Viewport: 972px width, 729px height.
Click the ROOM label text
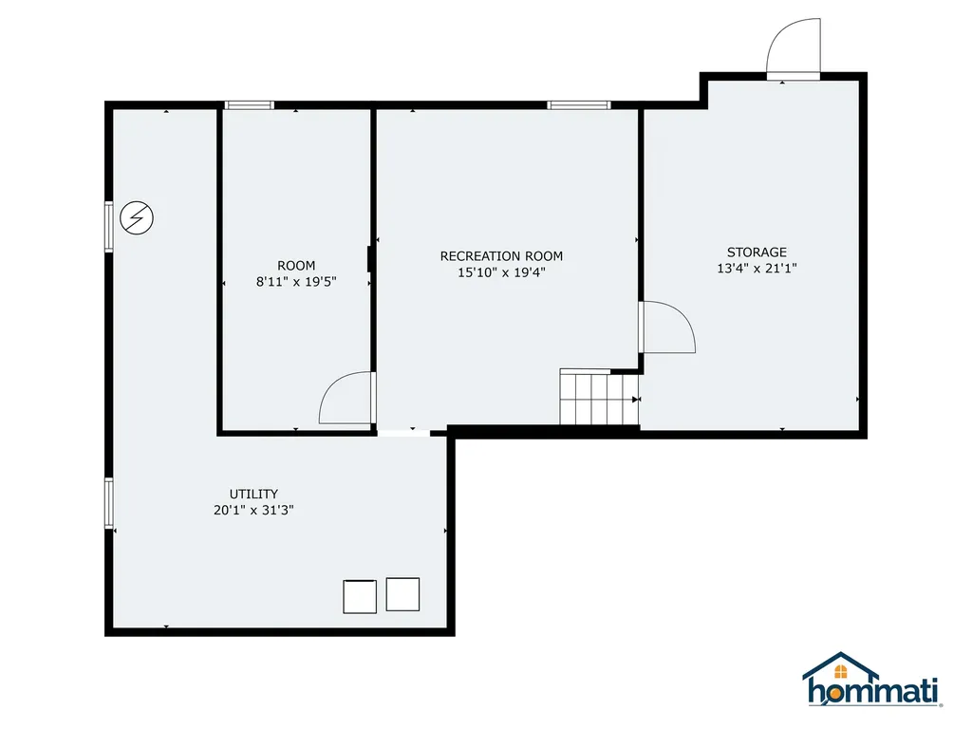(296, 266)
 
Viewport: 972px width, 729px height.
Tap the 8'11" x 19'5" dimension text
(296, 282)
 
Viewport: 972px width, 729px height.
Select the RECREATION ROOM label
(501, 256)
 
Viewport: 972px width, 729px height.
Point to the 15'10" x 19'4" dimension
(501, 272)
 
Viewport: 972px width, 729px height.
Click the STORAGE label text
(757, 252)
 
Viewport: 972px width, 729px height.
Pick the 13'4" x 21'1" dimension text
(757, 269)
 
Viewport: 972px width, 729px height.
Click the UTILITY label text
(253, 494)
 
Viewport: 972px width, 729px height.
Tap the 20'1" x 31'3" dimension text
(253, 510)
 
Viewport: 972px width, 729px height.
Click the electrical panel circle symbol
(138, 219)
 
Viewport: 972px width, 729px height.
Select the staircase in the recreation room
(597, 398)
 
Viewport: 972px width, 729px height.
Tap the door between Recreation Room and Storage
(666, 327)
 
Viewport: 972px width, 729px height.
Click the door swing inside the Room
(347, 398)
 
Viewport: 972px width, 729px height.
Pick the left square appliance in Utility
(360, 596)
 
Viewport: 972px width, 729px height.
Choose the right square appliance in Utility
(402, 594)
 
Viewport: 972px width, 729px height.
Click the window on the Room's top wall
(249, 105)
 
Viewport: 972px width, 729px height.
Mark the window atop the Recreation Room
(578, 105)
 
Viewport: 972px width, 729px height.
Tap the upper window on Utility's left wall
(109, 226)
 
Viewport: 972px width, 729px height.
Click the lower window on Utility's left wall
(109, 502)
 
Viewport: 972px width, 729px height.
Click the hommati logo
(872, 681)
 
